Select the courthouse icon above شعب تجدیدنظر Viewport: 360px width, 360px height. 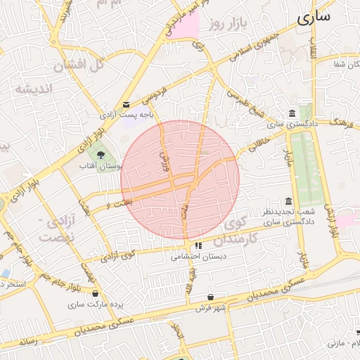[288, 201]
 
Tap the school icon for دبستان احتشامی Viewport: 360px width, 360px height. [198, 246]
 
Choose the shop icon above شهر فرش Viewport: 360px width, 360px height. [211, 297]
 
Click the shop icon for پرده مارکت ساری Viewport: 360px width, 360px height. [96, 294]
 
